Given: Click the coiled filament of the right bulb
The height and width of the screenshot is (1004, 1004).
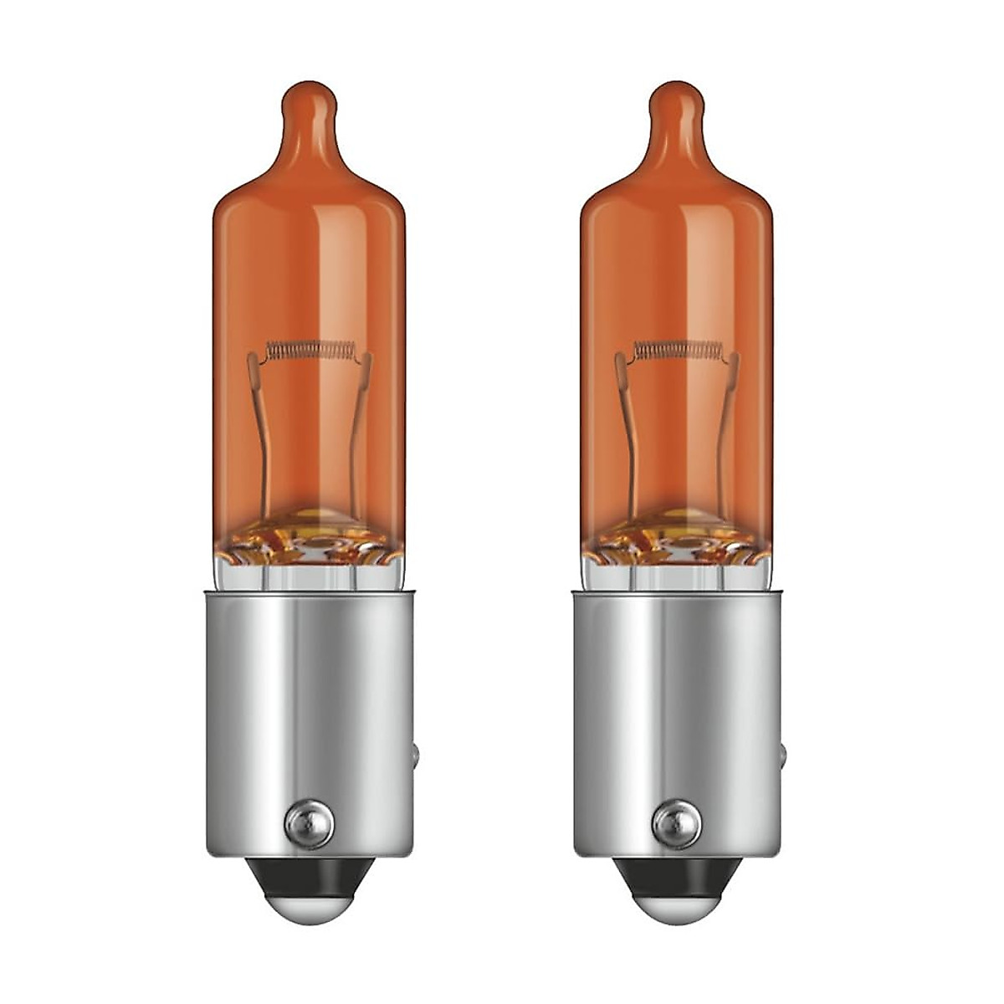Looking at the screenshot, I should tap(677, 349).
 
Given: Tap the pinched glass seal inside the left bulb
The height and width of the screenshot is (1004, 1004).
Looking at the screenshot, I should tap(306, 535).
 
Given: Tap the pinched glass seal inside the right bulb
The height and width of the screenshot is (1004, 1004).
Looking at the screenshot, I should tap(676, 535).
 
